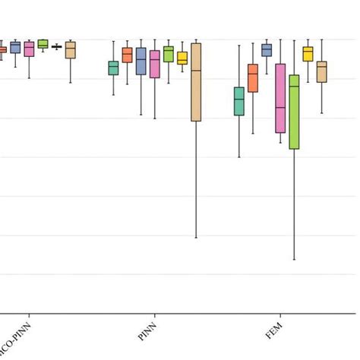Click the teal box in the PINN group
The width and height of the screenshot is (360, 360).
[113, 68]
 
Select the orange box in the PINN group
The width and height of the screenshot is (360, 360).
[127, 55]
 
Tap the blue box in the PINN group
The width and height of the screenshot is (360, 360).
[141, 61]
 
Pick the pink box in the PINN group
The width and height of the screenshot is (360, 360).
[155, 65]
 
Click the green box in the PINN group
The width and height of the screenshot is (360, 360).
[169, 54]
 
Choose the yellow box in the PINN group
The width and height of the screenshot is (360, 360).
[182, 58]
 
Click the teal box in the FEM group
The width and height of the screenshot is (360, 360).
[238, 102]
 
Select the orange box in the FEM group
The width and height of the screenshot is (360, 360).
[252, 78]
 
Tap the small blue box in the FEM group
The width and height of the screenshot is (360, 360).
[267, 50]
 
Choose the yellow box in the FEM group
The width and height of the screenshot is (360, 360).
[308, 54]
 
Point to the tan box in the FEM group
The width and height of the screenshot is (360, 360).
[322, 72]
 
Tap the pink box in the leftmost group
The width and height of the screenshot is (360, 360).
[29, 49]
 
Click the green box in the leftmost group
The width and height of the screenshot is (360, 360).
[43, 44]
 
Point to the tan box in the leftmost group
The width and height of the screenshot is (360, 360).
[71, 50]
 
